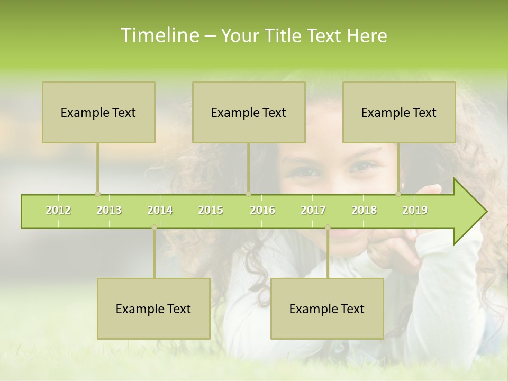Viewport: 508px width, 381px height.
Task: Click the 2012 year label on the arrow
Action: point(58,210)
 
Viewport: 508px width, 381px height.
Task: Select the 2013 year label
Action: point(109,210)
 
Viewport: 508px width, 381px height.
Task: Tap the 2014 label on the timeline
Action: point(160,210)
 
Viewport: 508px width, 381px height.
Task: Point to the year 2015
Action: point(211,210)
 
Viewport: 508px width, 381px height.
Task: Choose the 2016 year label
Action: point(262,210)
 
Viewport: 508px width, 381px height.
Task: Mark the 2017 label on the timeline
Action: point(313,210)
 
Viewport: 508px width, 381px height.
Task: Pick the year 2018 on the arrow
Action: point(364,210)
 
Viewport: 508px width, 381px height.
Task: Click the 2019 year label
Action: point(415,210)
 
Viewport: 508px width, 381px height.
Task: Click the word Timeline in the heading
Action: point(159,35)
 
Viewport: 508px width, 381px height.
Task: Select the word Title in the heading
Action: point(284,35)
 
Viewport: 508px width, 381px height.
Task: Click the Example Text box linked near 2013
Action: point(98,112)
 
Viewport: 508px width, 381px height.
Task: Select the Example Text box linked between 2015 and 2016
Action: point(249,112)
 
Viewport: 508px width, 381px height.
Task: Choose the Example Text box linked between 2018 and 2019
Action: point(399,112)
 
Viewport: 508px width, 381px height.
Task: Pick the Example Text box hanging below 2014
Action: point(153,309)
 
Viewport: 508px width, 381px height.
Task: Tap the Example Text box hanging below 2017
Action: point(327,309)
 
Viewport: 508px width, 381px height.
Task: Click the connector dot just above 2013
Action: point(97,194)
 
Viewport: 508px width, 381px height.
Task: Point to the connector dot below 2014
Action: point(154,228)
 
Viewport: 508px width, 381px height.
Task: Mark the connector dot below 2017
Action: point(328,228)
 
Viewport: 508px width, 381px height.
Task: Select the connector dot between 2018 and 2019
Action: point(398,194)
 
